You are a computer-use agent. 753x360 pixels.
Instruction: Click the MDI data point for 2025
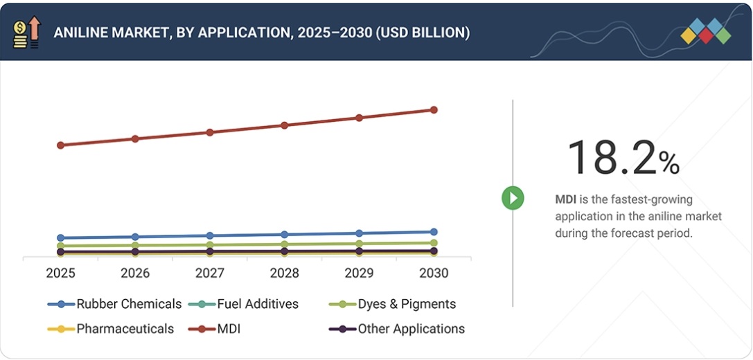[60, 145]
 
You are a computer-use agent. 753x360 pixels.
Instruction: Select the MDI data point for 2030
[434, 110]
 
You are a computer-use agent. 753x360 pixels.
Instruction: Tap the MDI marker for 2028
[284, 125]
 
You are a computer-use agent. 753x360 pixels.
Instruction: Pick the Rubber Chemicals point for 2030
[434, 232]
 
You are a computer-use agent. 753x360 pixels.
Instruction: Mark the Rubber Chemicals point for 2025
[60, 238]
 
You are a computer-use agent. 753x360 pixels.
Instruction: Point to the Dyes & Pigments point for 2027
[210, 244]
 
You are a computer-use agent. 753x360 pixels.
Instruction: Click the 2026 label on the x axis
[135, 273]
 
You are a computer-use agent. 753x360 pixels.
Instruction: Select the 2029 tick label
[359, 273]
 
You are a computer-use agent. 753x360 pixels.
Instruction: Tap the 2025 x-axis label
[60, 273]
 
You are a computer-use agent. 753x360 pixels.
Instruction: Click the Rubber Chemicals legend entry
[114, 304]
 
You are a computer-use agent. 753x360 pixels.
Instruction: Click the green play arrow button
[513, 199]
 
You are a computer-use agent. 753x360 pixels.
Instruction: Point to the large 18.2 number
[610, 157]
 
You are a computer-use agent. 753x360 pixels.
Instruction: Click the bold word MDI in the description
[566, 200]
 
